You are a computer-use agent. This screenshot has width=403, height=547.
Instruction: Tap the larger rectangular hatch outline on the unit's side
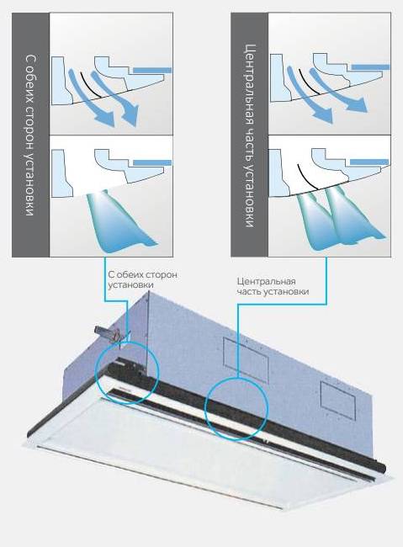[246, 360]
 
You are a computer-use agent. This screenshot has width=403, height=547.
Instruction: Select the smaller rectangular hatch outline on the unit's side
[337, 401]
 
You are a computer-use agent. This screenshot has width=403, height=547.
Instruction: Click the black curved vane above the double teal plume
[307, 177]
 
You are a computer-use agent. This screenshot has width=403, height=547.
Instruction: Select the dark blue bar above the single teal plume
[152, 162]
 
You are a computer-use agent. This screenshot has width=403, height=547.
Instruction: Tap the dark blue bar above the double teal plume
[369, 162]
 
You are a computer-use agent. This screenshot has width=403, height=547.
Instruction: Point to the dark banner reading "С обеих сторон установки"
[30, 135]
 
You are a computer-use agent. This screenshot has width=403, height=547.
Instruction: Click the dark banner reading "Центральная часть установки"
[250, 135]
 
